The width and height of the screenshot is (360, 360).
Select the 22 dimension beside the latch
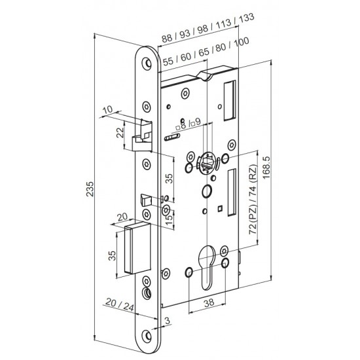click(x=118, y=134)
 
